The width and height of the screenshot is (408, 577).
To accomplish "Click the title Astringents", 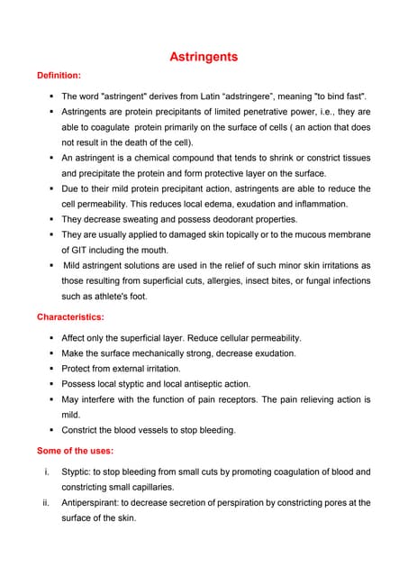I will (204, 57).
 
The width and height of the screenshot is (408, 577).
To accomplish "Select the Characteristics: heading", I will (70, 317).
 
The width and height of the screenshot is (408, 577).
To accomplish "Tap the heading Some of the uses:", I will (75, 451).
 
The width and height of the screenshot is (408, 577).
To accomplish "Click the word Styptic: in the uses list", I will (77, 472).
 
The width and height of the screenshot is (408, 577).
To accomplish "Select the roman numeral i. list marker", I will (46, 472).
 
